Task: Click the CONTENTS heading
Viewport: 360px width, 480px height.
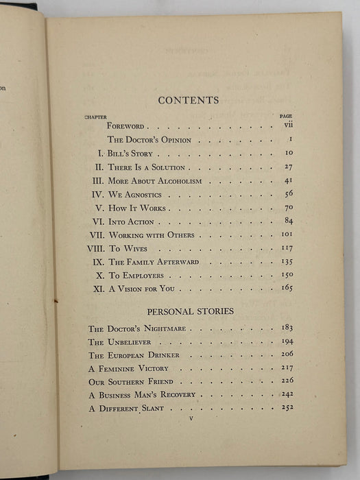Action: [189, 100]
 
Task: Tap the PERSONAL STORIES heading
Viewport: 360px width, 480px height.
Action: [189, 311]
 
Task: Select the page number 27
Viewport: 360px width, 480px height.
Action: [287, 167]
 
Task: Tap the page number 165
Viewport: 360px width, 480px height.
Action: [286, 288]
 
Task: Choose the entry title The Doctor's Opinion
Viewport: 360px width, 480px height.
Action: [144, 140]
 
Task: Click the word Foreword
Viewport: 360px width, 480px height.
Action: [125, 127]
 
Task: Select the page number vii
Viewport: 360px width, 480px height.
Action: [288, 126]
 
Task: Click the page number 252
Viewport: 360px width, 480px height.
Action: [287, 407]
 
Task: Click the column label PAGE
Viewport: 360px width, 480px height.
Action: [287, 117]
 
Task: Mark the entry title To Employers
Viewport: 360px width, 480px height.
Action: [136, 275]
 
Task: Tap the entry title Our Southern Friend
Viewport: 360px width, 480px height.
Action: [131, 381]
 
